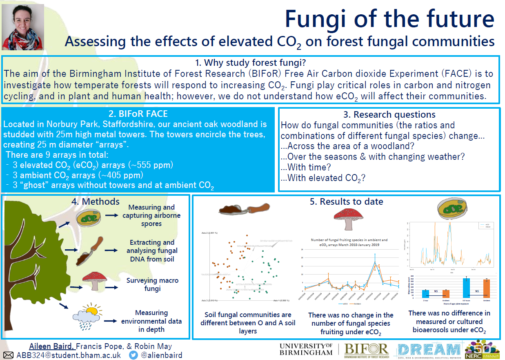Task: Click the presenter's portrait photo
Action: pyautogui.click(x=23, y=27)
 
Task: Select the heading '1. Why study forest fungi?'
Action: pyautogui.click(x=250, y=63)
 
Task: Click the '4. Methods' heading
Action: pyautogui.click(x=100, y=201)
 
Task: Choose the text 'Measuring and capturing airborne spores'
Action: pyautogui.click(x=151, y=215)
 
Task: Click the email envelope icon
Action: pyautogui.click(x=8, y=355)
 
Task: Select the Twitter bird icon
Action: pyautogui.click(x=133, y=355)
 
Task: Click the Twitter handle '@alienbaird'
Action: pyautogui.click(x=162, y=355)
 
